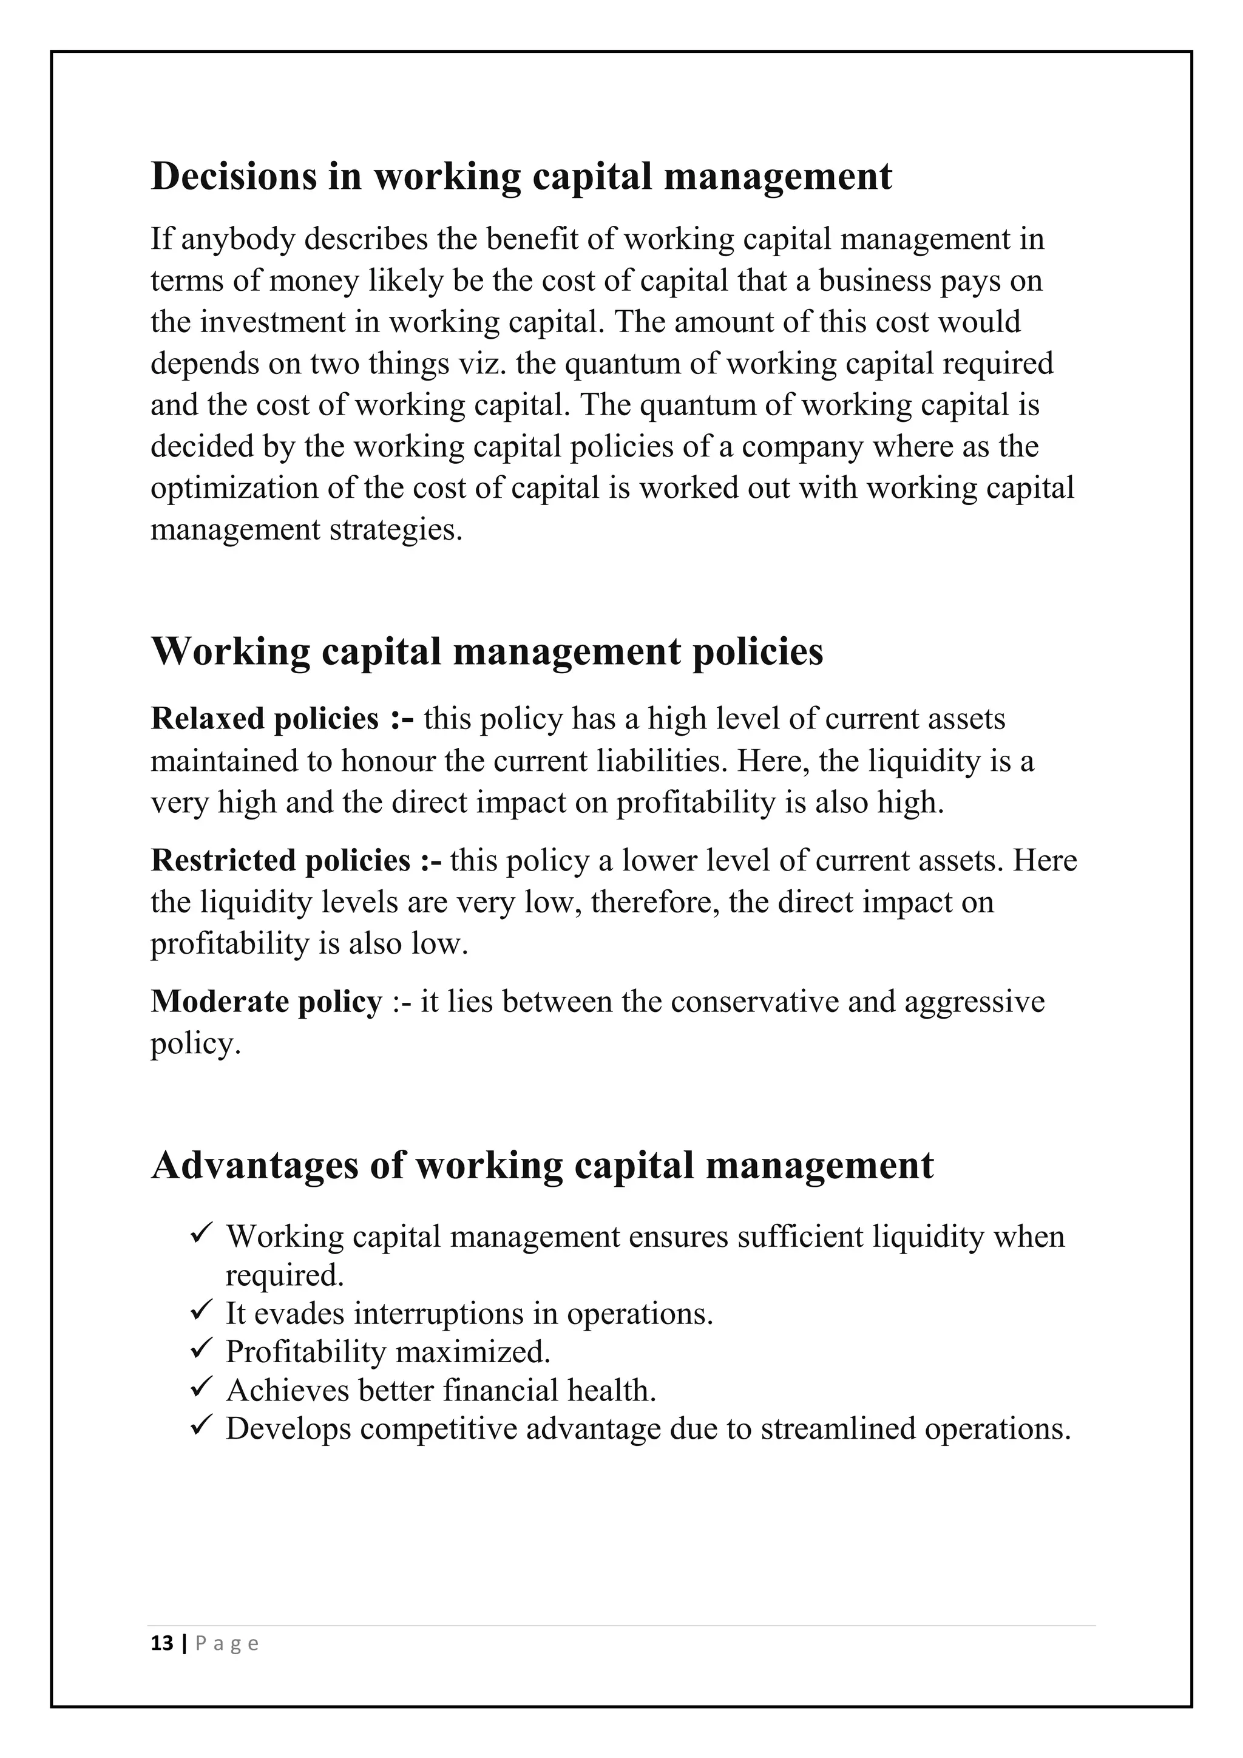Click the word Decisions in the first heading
pos(234,176)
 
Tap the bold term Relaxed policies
pos(265,719)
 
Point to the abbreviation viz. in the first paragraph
pos(487,364)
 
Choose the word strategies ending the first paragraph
pos(396,530)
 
